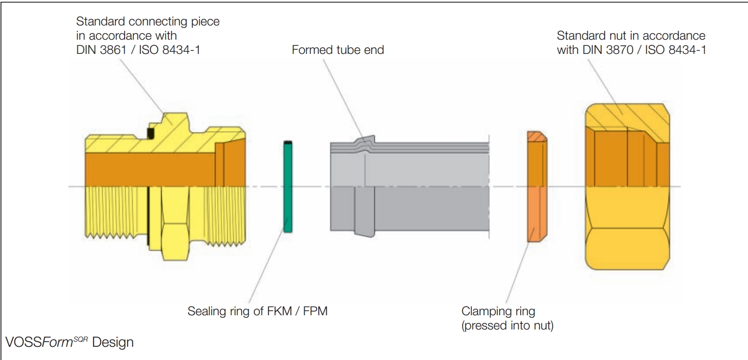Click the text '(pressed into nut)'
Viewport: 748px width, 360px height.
click(x=507, y=325)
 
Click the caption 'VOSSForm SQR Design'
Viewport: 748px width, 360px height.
click(x=69, y=342)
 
